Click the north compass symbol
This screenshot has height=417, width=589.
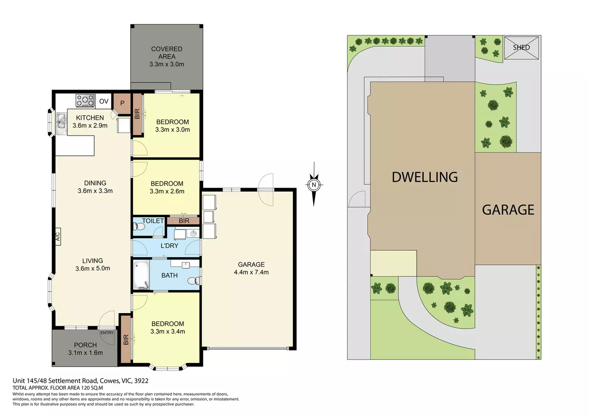tap(314, 185)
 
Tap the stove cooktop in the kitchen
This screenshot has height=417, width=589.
tap(85, 101)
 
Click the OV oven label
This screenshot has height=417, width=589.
tap(104, 102)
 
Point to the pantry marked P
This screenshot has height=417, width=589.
tap(122, 103)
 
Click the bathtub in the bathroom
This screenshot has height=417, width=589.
tap(141, 275)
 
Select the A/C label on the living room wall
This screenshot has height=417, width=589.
tap(58, 236)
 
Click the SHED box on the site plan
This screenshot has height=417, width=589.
tap(521, 48)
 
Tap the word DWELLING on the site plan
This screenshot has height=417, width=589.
tap(424, 177)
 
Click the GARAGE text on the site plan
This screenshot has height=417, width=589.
tap(508, 210)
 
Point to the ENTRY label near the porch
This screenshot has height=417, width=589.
tap(107, 332)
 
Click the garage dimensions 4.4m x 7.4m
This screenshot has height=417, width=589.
tap(251, 272)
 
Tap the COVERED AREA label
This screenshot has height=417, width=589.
tap(167, 53)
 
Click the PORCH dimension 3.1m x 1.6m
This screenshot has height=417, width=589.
tap(85, 353)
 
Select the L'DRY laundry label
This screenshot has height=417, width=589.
tap(169, 246)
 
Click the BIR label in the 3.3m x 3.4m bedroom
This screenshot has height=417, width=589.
tap(126, 340)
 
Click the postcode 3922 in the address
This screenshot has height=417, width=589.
tap(141, 381)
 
